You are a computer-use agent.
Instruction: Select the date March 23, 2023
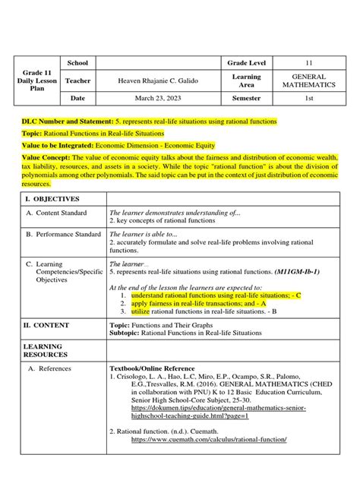pyautogui.click(x=155, y=98)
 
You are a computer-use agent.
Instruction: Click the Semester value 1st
pyautogui.click(x=308, y=98)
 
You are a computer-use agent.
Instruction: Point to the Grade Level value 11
pyautogui.click(x=308, y=63)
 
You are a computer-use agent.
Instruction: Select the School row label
pyautogui.click(x=78, y=63)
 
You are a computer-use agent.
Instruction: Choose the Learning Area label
pyautogui.click(x=245, y=81)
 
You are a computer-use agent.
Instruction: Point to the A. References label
pyautogui.click(x=55, y=368)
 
